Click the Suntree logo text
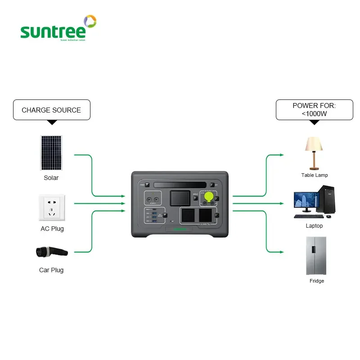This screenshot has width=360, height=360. tap(53, 31)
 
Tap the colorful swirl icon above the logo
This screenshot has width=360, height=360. tap(90, 21)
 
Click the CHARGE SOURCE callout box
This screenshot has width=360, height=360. tap(51, 110)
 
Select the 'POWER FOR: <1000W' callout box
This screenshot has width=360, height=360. tap(314, 110)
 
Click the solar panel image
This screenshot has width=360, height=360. tap(51, 153)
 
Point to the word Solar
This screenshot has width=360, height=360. tap(51, 178)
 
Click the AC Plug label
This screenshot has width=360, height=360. tap(52, 229)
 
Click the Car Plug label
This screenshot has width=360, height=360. tap(51, 270)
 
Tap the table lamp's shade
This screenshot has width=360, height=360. tap(314, 144)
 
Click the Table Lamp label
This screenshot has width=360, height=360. tap(315, 175)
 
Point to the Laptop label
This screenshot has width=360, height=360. tap(314, 226)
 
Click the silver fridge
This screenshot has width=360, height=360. tap(316, 255)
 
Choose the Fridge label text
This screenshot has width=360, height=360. tap(317, 281)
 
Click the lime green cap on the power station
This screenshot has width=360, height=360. tap(209, 196)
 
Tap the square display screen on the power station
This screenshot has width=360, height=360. tap(180, 199)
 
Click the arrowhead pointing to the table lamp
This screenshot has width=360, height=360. tap(282, 155)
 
